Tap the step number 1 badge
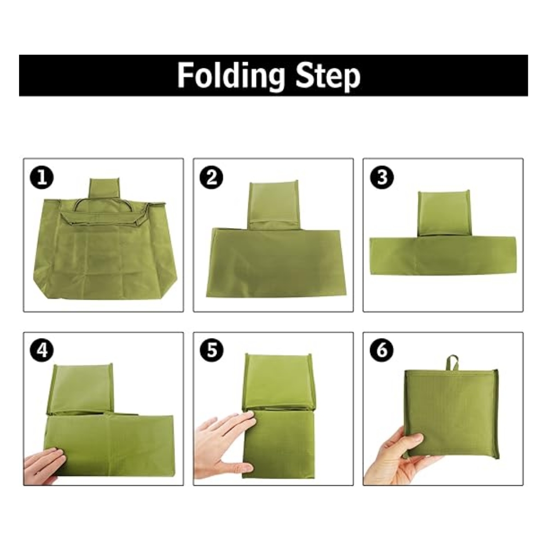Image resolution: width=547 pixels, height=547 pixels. (x=42, y=178)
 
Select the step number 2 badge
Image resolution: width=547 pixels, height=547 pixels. (x=212, y=178)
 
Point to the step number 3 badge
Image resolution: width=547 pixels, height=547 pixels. (x=382, y=177)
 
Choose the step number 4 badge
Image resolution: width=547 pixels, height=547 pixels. (x=42, y=350)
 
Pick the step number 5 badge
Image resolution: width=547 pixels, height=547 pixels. (x=212, y=350)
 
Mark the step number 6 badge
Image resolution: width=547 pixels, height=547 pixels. (x=382, y=350)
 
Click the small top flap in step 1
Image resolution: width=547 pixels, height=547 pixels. (x=104, y=189)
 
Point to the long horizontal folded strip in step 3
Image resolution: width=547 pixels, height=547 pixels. (x=443, y=256)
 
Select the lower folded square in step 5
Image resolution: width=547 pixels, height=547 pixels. (x=278, y=444)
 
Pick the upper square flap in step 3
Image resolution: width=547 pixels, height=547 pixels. (x=444, y=213)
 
